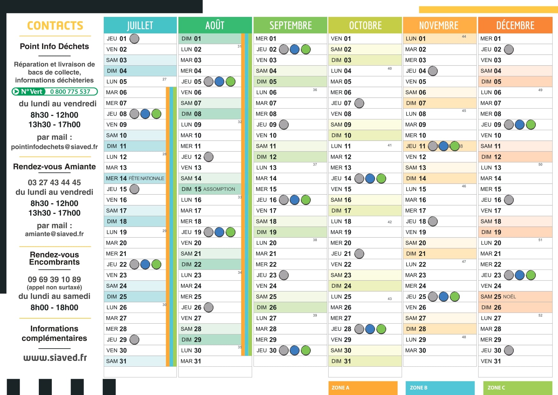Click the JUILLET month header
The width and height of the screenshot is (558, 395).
[140, 25]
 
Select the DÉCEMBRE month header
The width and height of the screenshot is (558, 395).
[515, 25]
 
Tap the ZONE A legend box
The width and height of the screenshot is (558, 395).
[363, 388]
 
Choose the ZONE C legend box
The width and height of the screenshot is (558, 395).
[518, 388]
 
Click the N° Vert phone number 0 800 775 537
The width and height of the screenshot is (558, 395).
[70, 92]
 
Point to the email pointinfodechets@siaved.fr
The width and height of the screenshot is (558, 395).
[54, 147]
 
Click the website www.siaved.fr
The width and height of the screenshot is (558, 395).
[55, 357]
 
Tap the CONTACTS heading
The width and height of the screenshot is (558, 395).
[55, 25]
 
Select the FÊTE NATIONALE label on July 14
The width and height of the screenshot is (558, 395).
[146, 179]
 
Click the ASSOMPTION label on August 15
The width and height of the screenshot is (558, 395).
[219, 189]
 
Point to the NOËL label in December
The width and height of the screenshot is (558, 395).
[509, 297]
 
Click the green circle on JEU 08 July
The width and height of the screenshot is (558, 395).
[156, 114]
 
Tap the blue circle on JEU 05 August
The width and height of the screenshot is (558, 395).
[220, 81]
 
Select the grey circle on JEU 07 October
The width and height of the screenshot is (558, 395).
[359, 103]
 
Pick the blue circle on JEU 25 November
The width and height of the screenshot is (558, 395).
[443, 297]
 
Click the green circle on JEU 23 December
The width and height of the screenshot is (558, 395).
[531, 275]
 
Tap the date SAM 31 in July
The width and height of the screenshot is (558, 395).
[116, 361]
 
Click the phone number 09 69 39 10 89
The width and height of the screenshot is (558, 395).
[54, 279]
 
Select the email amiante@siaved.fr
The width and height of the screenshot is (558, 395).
[54, 234]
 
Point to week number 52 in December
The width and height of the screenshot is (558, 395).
[541, 315]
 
